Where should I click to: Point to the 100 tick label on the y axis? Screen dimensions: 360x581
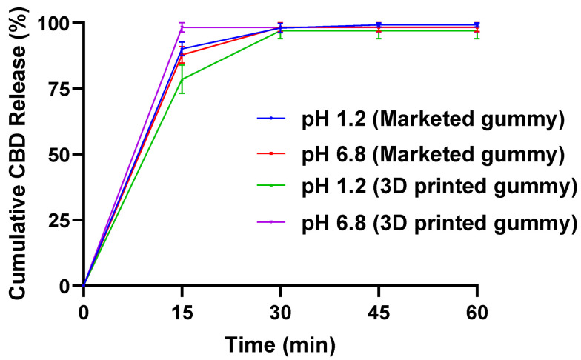56,23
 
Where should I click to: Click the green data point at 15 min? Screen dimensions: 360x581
182,79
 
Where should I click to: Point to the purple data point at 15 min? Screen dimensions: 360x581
182,27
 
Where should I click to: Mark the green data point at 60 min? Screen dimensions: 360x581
477,30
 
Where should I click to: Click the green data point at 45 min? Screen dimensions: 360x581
379,30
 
